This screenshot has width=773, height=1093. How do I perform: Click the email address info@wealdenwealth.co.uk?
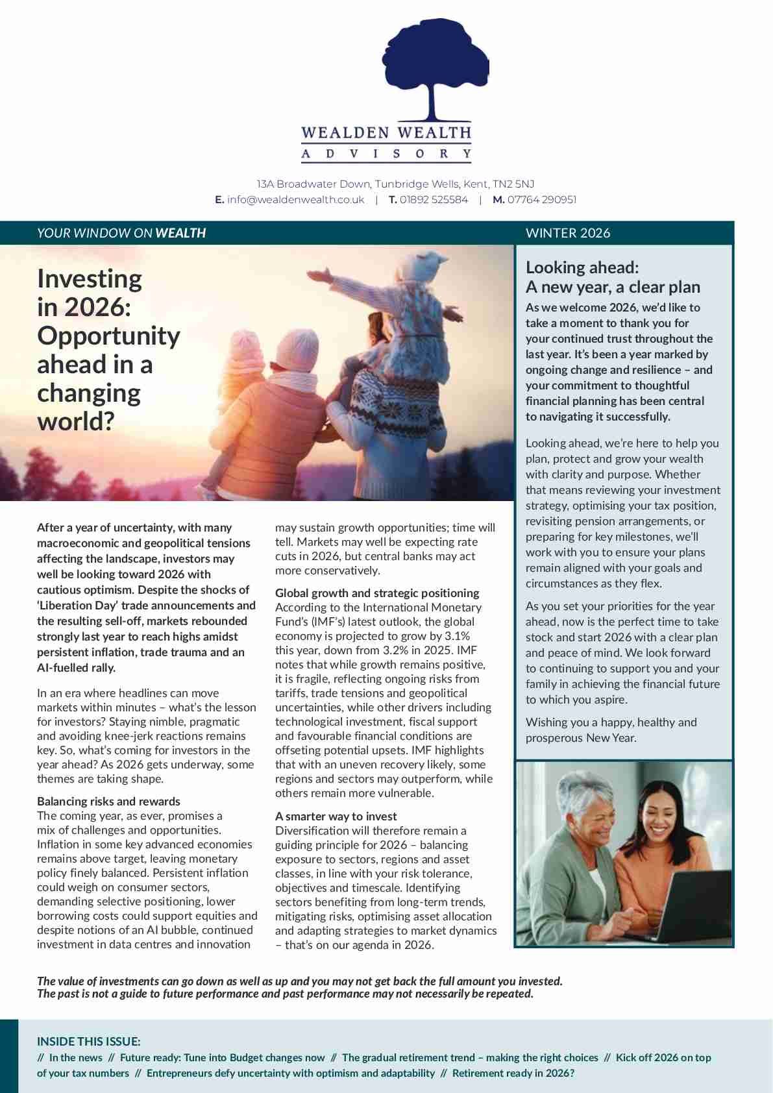(x=295, y=200)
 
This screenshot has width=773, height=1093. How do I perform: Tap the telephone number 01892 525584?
(x=434, y=200)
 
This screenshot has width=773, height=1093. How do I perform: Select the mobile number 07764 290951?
(x=541, y=200)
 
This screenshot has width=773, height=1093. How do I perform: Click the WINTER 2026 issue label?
(x=568, y=233)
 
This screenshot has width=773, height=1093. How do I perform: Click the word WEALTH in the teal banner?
(x=180, y=233)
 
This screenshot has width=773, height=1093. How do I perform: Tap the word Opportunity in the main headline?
(x=108, y=336)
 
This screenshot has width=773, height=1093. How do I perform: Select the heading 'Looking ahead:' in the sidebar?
(x=582, y=267)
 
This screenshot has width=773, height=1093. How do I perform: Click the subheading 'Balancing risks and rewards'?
(x=108, y=802)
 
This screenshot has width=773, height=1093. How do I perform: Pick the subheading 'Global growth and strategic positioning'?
(x=377, y=593)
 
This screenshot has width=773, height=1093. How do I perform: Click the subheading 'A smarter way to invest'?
(x=336, y=817)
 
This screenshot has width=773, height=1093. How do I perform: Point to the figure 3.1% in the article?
(x=457, y=636)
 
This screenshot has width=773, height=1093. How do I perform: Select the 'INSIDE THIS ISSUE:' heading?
(x=88, y=1042)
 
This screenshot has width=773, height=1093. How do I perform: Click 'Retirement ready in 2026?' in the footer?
(x=513, y=1074)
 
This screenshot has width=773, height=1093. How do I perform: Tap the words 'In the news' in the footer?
(x=75, y=1058)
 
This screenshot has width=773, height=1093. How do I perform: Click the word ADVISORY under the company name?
(x=386, y=154)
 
